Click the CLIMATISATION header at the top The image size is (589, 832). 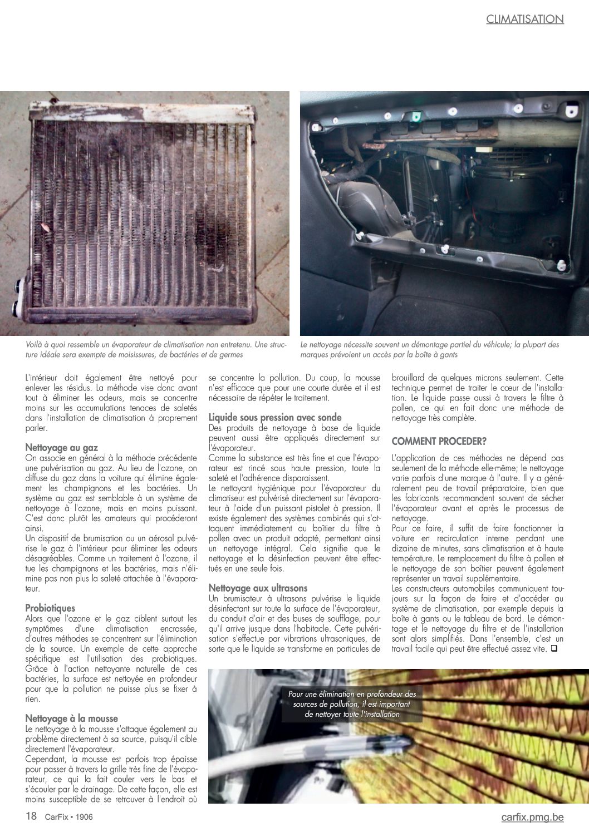(524, 19)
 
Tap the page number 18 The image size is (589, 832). (31, 816)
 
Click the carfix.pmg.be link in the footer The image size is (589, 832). (532, 817)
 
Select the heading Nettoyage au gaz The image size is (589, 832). (61, 447)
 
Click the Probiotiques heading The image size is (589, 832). (50, 608)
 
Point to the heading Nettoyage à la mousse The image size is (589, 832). (71, 719)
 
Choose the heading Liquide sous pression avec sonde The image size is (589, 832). (275, 417)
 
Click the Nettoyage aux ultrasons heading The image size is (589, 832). (258, 588)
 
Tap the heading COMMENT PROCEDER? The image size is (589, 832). (439, 441)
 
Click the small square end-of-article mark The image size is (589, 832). (554, 648)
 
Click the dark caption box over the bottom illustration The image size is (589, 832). (352, 704)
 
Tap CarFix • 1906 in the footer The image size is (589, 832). (68, 817)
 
